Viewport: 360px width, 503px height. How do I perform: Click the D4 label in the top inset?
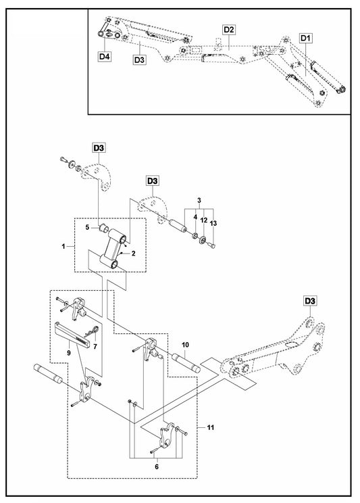point(105,57)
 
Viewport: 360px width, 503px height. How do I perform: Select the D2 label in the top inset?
point(229,30)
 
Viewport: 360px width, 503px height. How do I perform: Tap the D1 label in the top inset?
point(306,38)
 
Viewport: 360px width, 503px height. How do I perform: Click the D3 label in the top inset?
point(139,59)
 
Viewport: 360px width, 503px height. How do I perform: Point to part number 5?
point(87,227)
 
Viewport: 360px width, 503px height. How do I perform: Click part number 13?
point(213,223)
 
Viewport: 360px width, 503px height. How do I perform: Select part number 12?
point(204,220)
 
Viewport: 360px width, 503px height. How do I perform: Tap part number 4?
point(195,217)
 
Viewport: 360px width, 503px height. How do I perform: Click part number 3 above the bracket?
point(199,201)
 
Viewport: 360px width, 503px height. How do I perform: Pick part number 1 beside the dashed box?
point(63,246)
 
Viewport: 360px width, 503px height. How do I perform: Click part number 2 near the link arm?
point(133,254)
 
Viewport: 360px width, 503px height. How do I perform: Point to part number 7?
point(95,346)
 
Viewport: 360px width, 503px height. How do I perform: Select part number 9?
point(69,353)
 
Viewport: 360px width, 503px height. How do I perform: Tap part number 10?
point(186,345)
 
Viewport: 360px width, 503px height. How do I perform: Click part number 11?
point(210,427)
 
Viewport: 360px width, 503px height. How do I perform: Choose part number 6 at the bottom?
point(157,466)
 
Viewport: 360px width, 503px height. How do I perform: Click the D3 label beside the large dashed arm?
point(310,301)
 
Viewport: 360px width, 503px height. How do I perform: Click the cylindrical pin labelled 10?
point(186,363)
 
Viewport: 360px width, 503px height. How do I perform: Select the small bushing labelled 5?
point(104,228)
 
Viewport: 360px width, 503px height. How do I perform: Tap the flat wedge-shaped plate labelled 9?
point(72,333)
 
